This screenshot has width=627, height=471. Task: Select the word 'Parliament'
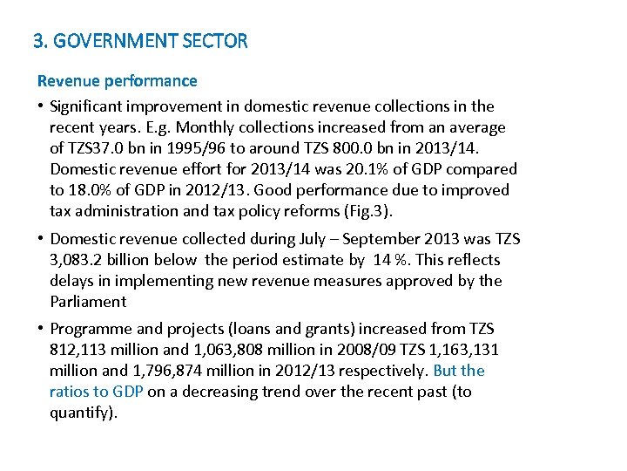point(88,302)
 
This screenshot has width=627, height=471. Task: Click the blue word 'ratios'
point(71,392)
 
